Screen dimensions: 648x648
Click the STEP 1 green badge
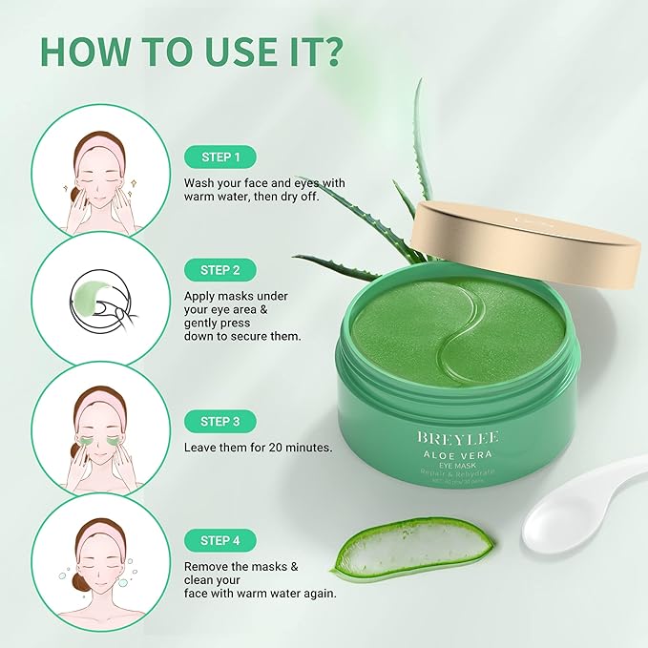pos(221,157)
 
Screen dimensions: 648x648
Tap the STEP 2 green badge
pos(221,269)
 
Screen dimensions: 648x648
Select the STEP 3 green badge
pos(221,422)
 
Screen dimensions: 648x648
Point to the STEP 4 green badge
pos(221,540)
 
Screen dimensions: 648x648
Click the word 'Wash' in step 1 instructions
pos(201,183)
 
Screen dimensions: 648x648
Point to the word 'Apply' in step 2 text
pos(201,296)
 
